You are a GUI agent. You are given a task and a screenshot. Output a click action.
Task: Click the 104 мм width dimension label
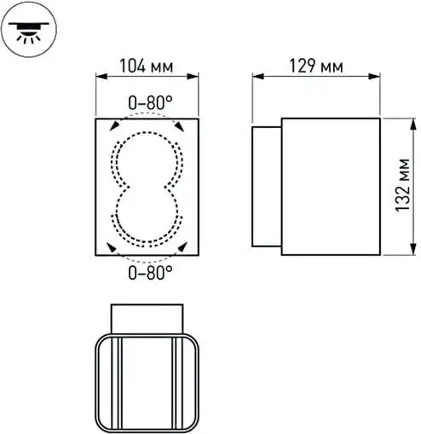point(147,65)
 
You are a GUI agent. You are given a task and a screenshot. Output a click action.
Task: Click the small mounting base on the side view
point(267,186)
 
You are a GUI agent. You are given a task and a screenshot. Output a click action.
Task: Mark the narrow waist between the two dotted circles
point(146,185)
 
